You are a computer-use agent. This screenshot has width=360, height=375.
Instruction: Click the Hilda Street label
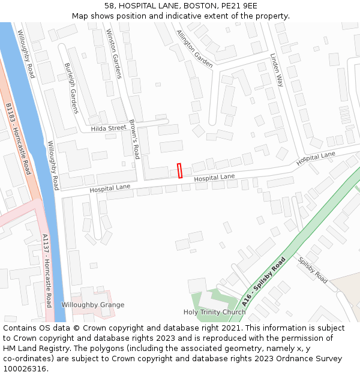click(x=109, y=128)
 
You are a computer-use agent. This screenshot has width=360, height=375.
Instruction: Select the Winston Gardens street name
click(x=113, y=53)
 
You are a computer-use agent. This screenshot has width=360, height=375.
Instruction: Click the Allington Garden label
click(x=194, y=49)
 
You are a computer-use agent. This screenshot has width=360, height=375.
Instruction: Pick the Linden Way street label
click(x=277, y=70)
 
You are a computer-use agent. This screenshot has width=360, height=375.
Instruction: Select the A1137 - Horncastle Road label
click(x=47, y=271)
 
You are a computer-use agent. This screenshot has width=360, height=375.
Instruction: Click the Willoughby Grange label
click(x=93, y=305)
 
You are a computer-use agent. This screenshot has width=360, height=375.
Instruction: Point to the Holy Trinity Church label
click(x=214, y=312)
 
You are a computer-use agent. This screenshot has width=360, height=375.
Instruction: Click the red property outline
click(x=179, y=170)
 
